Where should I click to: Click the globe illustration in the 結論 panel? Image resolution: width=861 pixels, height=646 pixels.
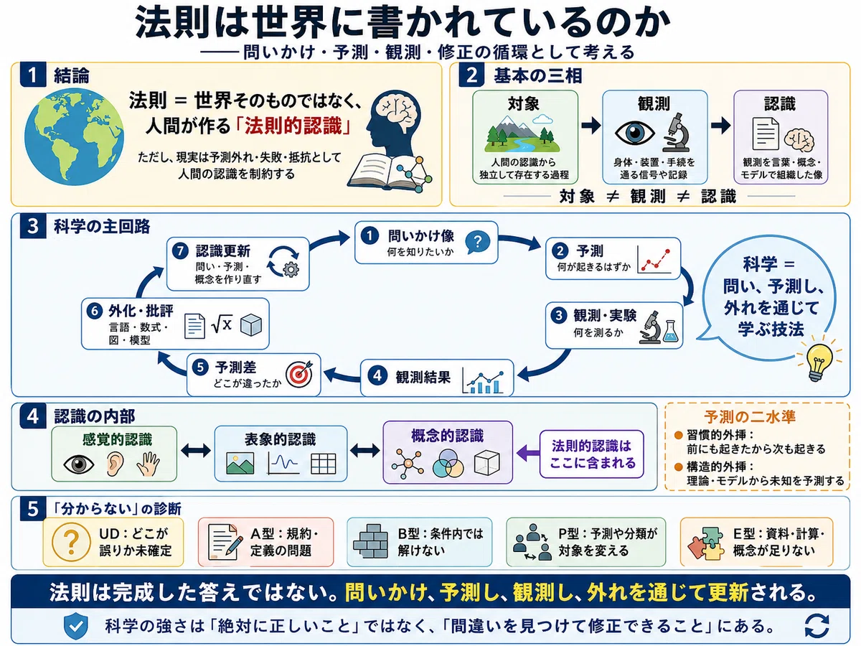tap(74, 137)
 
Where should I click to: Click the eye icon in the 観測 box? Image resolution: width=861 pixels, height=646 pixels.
tap(634, 133)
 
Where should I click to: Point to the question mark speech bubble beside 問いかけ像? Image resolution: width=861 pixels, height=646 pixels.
tap(477, 242)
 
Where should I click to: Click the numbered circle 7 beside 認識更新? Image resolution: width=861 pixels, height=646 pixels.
tap(180, 251)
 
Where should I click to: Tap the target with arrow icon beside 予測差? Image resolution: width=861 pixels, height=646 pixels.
tap(299, 374)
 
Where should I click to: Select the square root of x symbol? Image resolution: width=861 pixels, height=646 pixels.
tap(222, 324)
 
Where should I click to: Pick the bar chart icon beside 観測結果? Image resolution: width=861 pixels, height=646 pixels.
tap(484, 380)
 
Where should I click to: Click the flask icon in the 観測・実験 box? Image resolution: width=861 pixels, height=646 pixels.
tap(670, 331)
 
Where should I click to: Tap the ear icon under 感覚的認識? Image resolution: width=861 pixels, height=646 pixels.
tap(116, 464)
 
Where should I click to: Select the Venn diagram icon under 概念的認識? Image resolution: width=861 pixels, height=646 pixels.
tap(448, 463)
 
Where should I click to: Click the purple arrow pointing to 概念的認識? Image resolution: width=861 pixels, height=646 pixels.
tap(528, 454)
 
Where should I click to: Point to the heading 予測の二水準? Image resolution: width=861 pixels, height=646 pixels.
tap(750, 416)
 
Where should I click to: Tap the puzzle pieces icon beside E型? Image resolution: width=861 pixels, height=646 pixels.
tap(706, 543)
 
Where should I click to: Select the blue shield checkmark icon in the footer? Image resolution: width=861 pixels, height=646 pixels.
tap(76, 626)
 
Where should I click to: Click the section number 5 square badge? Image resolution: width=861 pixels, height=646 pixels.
tap(33, 509)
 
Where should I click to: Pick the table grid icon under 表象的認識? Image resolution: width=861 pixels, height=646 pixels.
tap(323, 464)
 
